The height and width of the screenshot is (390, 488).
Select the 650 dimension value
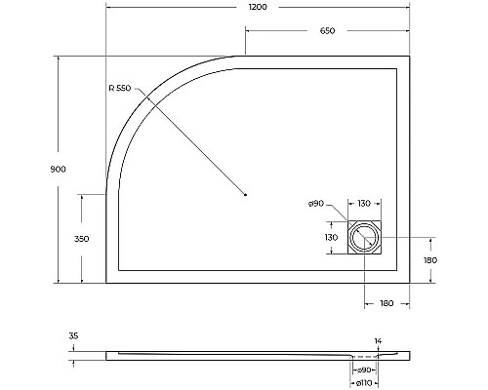pos(327,32)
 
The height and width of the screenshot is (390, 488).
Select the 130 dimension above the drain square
pos(364,203)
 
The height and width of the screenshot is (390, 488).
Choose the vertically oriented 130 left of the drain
pos(330,236)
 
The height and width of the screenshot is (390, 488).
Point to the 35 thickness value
pos(73,336)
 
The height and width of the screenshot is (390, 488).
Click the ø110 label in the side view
pos(363,383)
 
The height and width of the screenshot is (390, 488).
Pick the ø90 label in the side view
pos(363,371)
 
